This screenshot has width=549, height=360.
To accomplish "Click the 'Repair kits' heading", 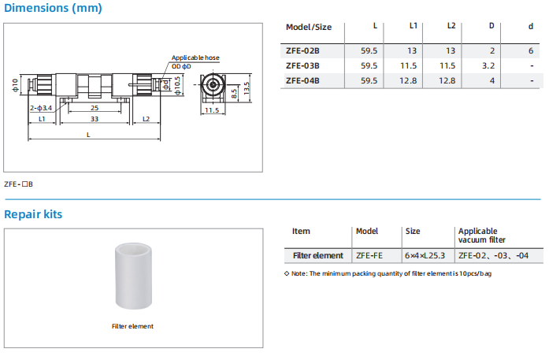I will pos(33,214).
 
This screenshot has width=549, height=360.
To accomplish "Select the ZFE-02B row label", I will pos(302,50).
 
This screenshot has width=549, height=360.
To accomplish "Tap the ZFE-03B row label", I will pos(302,65).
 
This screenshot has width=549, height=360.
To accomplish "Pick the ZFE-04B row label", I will pos(302,80).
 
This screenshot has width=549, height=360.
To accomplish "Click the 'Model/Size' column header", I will pos(309,27).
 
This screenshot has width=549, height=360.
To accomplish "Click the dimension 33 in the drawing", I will pos(95,119).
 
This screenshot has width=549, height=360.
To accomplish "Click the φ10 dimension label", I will pos(15,84).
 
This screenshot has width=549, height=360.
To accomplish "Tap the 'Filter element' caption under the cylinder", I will pos(132,326).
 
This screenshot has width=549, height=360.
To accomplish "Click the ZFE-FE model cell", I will pos(369,255).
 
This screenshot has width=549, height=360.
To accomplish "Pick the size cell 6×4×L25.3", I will pos(425,255).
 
